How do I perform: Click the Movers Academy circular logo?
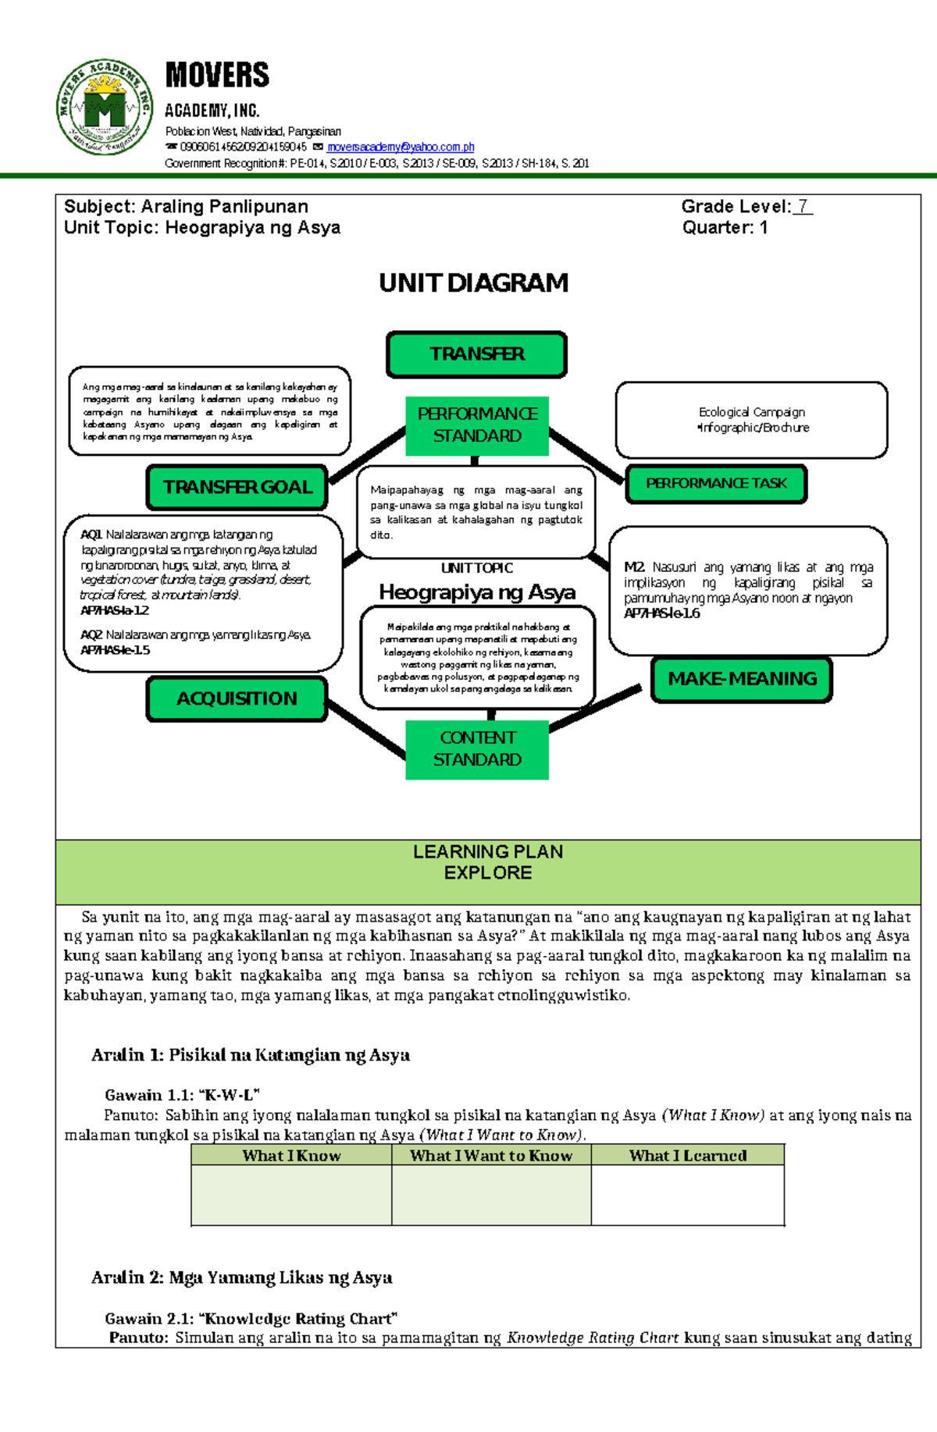(x=104, y=107)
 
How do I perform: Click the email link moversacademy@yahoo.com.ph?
(x=401, y=147)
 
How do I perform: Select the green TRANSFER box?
(x=476, y=354)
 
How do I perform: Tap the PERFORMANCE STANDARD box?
(x=477, y=425)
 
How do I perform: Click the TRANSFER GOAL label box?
(x=237, y=487)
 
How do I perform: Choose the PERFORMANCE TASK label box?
(x=716, y=484)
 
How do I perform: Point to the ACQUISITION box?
(x=237, y=698)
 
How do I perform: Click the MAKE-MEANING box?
(x=742, y=679)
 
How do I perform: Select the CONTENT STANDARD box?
(x=477, y=748)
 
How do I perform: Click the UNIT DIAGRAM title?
(x=473, y=282)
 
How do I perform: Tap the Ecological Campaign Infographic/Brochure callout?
(x=752, y=420)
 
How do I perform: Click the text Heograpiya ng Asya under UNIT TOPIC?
(x=477, y=592)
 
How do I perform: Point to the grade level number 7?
(x=803, y=207)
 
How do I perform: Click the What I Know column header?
(x=291, y=1156)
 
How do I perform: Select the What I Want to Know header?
(x=491, y=1156)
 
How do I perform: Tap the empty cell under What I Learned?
(x=687, y=1195)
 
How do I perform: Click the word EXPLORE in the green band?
(x=488, y=873)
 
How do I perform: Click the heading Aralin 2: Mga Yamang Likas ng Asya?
(x=241, y=1277)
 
